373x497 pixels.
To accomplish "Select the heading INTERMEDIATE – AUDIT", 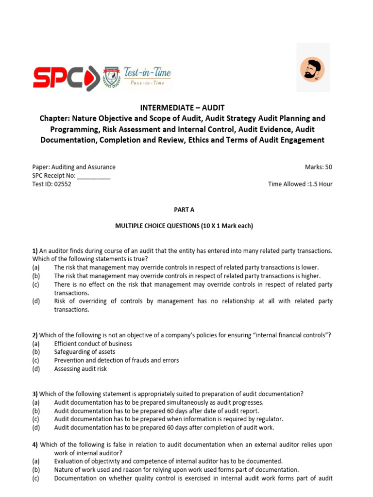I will [183, 108].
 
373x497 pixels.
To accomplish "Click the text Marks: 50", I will [318, 167].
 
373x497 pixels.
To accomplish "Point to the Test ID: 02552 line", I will [51, 184].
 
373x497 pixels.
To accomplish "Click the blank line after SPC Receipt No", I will [94, 176].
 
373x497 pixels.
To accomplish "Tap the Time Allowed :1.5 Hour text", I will [300, 184].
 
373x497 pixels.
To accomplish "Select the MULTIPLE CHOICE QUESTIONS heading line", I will [184, 226].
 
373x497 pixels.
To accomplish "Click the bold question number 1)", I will [35, 250].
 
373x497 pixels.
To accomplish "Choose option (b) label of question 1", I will [36, 276].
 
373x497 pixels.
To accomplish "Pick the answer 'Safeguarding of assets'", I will [85, 352].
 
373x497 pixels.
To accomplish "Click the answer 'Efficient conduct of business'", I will [93, 344].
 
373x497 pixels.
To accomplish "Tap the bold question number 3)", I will [35, 394].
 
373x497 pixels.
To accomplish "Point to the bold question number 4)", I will [35, 445].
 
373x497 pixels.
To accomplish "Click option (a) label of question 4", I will [36, 461].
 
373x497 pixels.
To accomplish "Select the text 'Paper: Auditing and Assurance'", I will [74, 167].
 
